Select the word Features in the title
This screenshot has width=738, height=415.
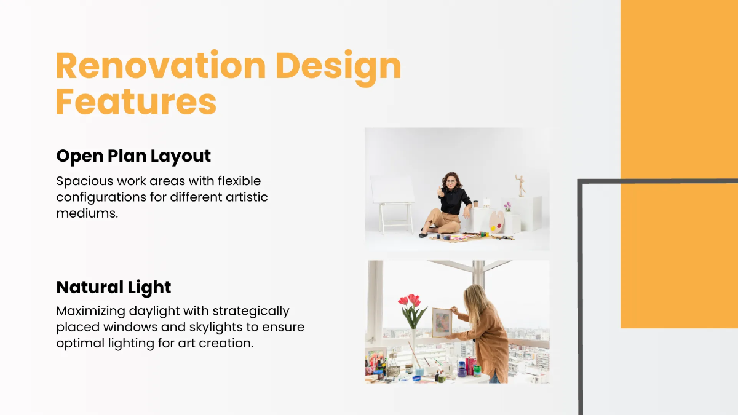(x=136, y=102)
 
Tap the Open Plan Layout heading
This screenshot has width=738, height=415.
(x=133, y=156)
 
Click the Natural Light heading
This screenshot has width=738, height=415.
(x=114, y=287)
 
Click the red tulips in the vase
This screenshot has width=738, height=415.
(x=410, y=301)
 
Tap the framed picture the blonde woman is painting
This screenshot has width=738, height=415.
(x=441, y=322)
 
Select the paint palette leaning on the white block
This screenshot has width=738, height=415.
(x=497, y=219)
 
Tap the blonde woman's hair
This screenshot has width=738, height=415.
(x=477, y=301)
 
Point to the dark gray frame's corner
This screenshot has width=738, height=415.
(x=581, y=182)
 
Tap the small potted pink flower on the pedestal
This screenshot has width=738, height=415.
(x=507, y=207)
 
